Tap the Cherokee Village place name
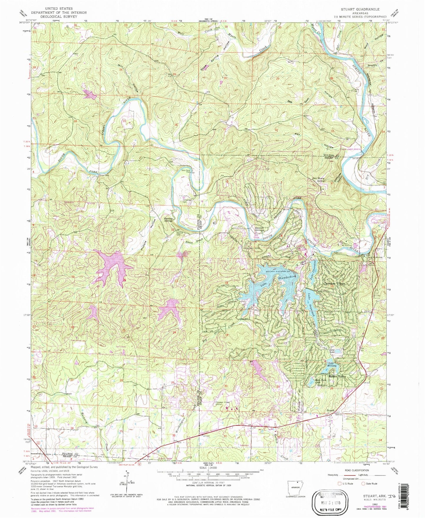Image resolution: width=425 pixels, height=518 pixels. pyautogui.click(x=334, y=283)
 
